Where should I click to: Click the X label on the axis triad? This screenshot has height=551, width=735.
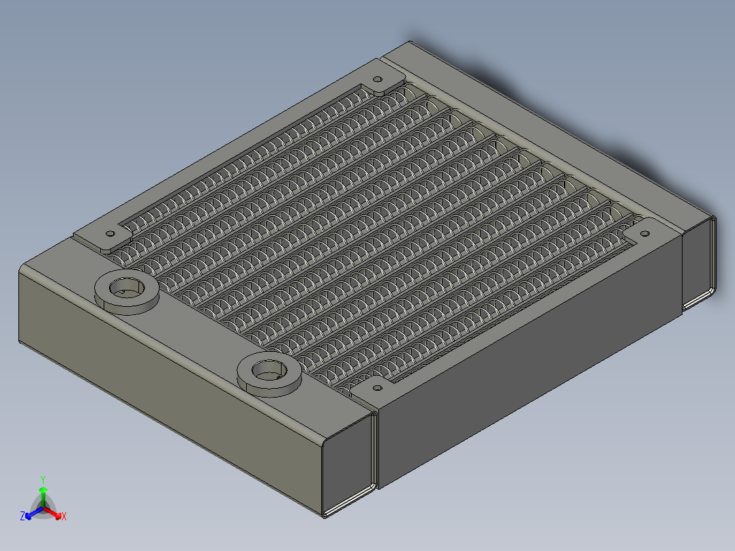pos(64,517)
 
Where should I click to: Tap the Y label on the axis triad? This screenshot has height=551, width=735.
pos(43,479)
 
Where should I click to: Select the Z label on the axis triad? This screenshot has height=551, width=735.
pos(22,517)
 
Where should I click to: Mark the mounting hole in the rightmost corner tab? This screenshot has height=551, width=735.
pos(644,234)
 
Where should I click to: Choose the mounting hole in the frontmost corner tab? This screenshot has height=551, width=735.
pos(376,388)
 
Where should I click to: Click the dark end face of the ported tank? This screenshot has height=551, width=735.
pos(347,464)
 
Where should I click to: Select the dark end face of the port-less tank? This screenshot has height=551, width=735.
pos(697,263)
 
